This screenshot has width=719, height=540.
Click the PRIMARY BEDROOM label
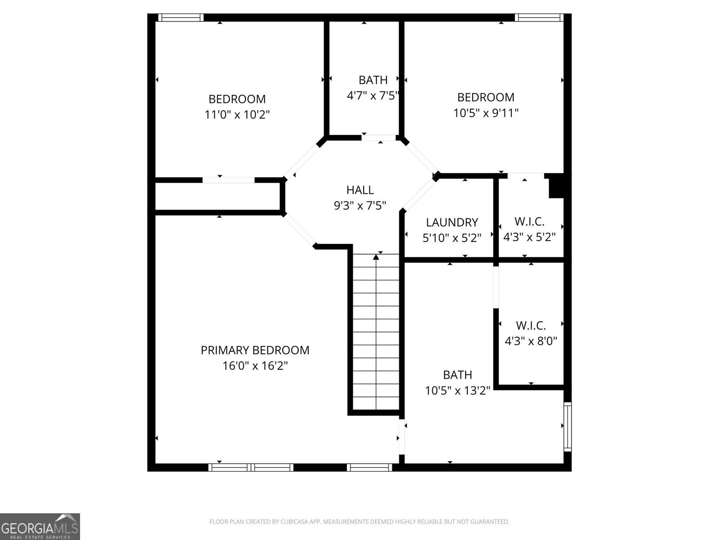255,350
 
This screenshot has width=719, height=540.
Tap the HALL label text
360,190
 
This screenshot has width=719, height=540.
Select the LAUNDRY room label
452,222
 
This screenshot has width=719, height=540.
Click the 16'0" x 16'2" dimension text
255,366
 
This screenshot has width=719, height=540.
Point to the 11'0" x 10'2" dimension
237,115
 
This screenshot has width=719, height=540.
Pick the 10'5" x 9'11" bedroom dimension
486,113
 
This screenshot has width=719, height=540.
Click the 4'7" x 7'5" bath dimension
373,95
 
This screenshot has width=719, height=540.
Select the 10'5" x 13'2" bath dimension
457,391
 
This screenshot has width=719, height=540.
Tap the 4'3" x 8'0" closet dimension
531,341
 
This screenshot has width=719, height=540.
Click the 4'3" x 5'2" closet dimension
529,237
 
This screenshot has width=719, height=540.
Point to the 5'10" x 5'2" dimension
452,238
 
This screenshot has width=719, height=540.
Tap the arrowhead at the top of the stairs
376,257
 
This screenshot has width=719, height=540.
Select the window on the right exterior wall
568,427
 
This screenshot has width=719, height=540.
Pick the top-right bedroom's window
538,18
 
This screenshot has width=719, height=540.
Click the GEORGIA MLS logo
40,526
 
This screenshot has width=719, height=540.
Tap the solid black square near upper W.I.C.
556,186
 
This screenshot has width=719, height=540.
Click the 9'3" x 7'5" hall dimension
360,206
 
